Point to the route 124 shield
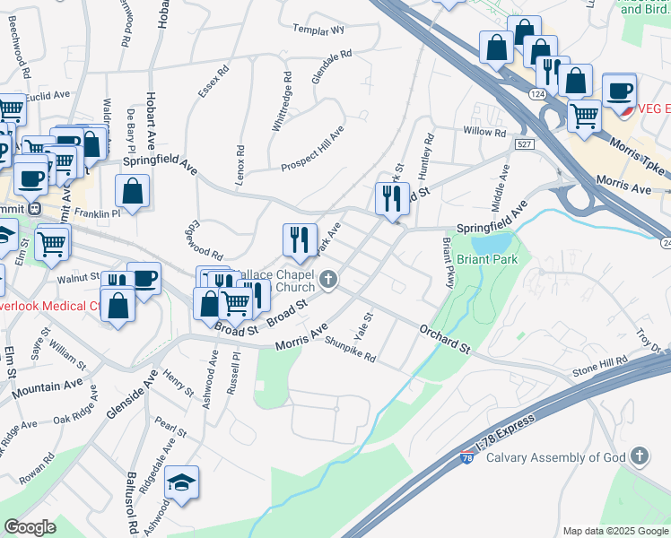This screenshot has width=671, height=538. (x=537, y=94)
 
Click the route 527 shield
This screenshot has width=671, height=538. (x=525, y=144)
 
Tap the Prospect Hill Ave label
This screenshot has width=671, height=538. (x=311, y=151)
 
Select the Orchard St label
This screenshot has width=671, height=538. (x=444, y=338)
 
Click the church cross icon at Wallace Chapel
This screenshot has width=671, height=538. (x=328, y=281)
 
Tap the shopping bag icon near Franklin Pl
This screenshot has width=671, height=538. (x=133, y=192)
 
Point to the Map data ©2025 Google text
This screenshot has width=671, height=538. (x=614, y=531)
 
